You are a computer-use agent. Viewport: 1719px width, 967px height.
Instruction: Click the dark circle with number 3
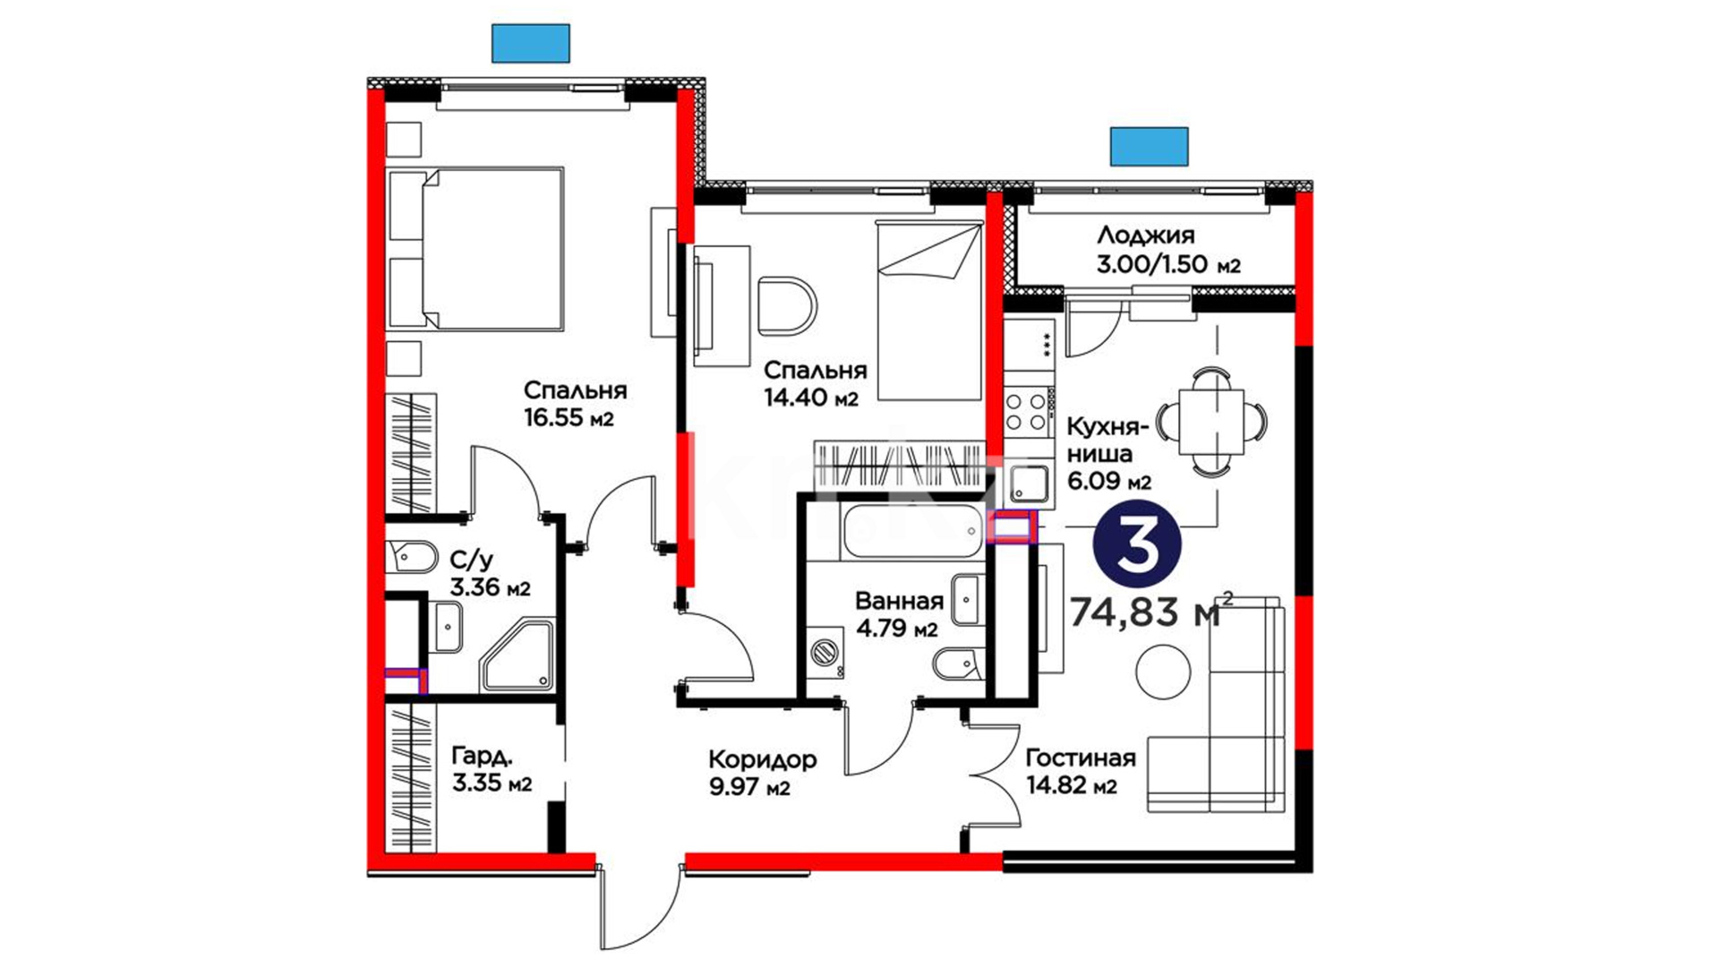point(1139,545)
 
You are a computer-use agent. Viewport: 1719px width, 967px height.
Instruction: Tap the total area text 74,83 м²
point(1151,612)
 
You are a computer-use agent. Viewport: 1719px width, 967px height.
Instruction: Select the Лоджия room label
point(1145,235)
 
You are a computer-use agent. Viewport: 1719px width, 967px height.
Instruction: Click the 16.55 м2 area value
point(569,418)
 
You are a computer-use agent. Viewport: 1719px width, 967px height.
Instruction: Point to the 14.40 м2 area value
point(810,398)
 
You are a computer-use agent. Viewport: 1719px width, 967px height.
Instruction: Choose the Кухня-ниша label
point(1108,440)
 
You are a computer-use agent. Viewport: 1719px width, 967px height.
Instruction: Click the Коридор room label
point(762,760)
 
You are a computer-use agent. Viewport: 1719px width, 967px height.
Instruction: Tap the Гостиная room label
point(1080,758)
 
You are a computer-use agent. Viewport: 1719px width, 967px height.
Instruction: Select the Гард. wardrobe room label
point(482,756)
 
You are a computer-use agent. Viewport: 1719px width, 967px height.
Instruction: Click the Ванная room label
point(899,601)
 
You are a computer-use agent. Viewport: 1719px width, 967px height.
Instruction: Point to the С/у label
point(471,561)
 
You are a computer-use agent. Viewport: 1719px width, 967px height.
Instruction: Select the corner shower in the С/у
point(517,656)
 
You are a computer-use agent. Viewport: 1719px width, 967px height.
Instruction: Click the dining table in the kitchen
point(1210,421)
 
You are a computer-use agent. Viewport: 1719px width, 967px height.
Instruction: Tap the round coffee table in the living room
point(1163,672)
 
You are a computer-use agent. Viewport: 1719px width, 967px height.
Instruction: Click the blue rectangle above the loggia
point(1149,147)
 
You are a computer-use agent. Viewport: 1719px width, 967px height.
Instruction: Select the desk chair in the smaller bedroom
point(788,305)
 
